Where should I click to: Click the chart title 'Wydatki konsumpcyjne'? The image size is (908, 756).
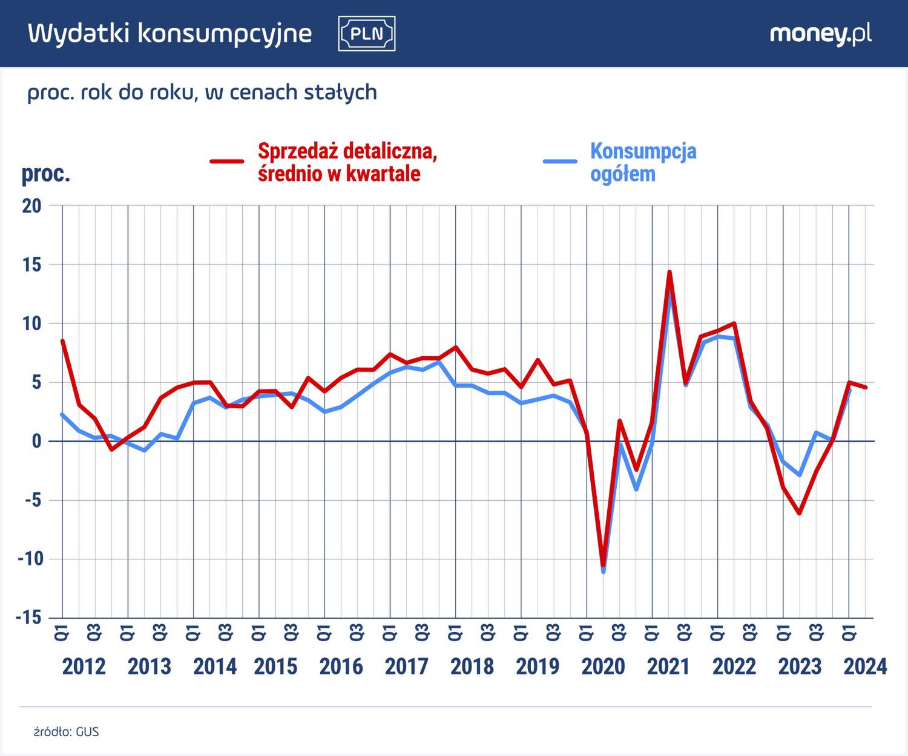pyautogui.click(x=170, y=34)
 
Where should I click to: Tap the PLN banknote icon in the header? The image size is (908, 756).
pyautogui.click(x=367, y=34)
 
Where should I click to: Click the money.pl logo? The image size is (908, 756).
pyautogui.click(x=820, y=34)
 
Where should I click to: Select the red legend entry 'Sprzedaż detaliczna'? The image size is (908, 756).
pyautogui.click(x=347, y=162)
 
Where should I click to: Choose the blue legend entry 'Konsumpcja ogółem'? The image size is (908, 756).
pyautogui.click(x=642, y=162)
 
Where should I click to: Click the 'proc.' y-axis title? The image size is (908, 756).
pyautogui.click(x=46, y=174)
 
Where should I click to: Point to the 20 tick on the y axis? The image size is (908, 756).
pyautogui.click(x=31, y=206)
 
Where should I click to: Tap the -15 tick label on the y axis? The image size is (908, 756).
pyautogui.click(x=29, y=618)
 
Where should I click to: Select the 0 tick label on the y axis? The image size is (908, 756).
pyautogui.click(x=36, y=442)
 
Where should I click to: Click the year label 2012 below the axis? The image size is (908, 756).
pyautogui.click(x=84, y=666)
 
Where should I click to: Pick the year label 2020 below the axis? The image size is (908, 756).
pyautogui.click(x=603, y=666)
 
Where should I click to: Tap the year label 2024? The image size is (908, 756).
pyautogui.click(x=865, y=666)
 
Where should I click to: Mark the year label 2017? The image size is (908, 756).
pyautogui.click(x=407, y=666)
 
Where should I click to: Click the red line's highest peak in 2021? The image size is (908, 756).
pyautogui.click(x=669, y=272)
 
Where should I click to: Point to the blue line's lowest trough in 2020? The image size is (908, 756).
pyautogui.click(x=604, y=571)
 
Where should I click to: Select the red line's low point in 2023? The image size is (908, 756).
pyautogui.click(x=800, y=513)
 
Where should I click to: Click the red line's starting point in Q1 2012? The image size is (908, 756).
pyautogui.click(x=62, y=341)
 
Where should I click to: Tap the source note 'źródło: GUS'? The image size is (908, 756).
pyautogui.click(x=66, y=732)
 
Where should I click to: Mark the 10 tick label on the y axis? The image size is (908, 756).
pyautogui.click(x=31, y=324)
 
